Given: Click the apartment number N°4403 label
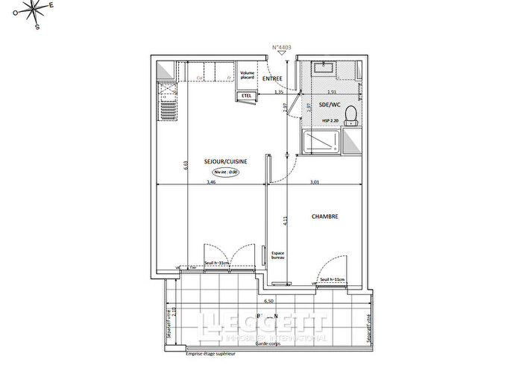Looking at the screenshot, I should [281, 47].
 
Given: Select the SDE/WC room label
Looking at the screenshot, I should [330, 105].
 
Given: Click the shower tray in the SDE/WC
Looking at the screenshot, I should [321, 142].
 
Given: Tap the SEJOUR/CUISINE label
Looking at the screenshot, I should [226, 161].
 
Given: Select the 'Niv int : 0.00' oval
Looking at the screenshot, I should [226, 171].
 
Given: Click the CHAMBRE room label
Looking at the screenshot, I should [325, 217].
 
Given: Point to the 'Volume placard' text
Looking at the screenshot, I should [248, 75].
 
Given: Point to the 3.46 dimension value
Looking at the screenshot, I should [211, 181].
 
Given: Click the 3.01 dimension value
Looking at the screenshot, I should [315, 181].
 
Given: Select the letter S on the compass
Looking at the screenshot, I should [37, 28].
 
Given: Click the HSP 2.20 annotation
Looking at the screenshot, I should [331, 119].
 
